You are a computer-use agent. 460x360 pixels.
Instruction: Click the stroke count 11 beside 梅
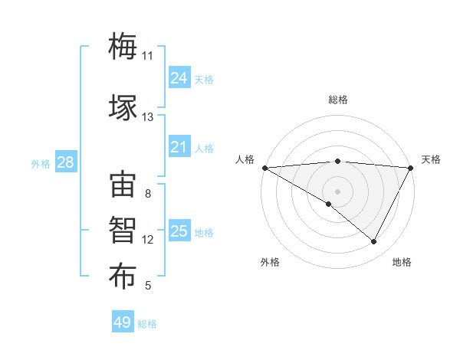coord(147,56)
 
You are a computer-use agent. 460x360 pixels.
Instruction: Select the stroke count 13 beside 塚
coord(147,117)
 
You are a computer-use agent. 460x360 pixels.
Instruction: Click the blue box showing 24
coord(179,77)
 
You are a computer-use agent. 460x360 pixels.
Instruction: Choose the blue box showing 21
coord(179,148)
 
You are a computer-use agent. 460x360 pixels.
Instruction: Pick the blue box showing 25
coord(179,231)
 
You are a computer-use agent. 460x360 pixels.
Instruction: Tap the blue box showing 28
coord(65,162)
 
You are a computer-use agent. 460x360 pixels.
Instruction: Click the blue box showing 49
coord(123,323)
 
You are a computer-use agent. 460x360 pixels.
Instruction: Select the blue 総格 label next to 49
coord(148,324)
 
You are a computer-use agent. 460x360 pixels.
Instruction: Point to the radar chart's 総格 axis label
coord(338,100)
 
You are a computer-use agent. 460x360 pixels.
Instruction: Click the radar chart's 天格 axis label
coord(431,159)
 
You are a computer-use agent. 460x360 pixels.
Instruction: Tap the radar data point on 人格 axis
coord(264,168)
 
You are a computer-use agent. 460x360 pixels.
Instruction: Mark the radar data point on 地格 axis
coord(374,241)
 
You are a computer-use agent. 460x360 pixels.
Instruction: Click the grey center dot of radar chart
coord(337,191)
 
